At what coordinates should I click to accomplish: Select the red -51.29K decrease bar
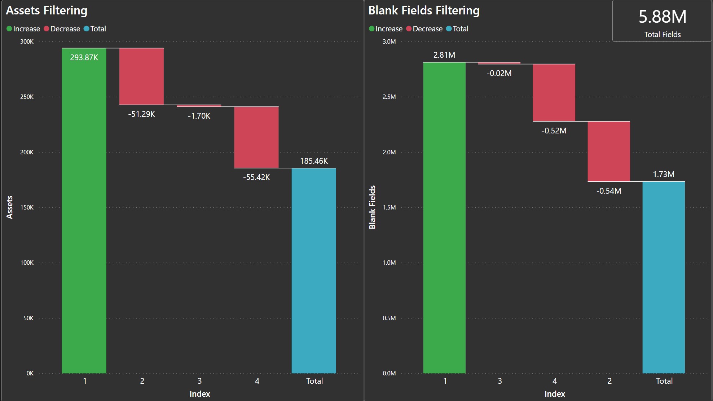click(x=141, y=76)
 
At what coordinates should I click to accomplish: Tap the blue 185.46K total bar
click(x=314, y=270)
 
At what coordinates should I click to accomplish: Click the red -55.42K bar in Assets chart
click(x=256, y=137)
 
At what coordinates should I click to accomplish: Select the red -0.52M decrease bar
click(x=554, y=93)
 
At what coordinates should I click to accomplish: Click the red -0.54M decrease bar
click(x=609, y=151)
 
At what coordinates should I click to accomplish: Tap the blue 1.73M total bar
click(x=664, y=277)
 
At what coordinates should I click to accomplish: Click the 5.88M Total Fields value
click(x=663, y=17)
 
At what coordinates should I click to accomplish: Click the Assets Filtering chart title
click(x=47, y=10)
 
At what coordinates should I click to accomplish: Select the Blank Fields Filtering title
click(x=424, y=10)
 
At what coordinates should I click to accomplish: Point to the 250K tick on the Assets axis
click(x=27, y=97)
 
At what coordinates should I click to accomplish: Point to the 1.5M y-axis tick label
click(x=389, y=207)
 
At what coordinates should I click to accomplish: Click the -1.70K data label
click(x=199, y=116)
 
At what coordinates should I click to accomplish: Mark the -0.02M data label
click(x=499, y=73)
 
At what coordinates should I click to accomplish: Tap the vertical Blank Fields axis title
click(x=372, y=207)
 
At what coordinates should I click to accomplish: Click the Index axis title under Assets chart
click(x=200, y=394)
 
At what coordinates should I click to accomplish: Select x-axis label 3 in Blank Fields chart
click(x=500, y=381)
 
